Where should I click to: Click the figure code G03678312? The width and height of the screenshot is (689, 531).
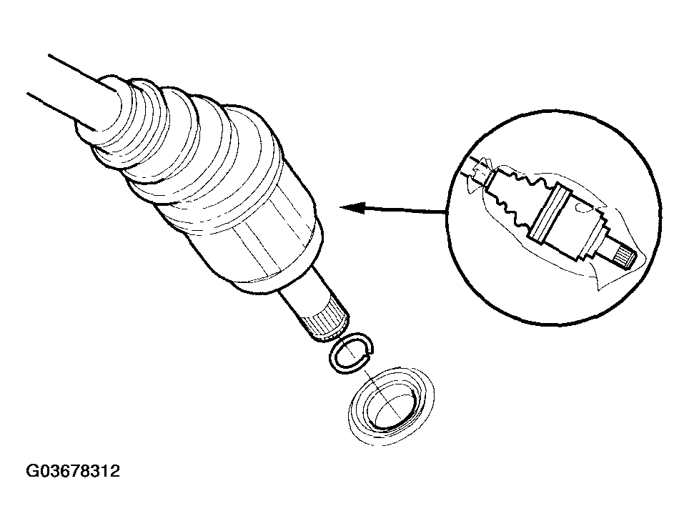pyautogui.click(x=73, y=472)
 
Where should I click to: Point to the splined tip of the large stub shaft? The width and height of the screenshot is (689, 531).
pyautogui.click(x=326, y=322)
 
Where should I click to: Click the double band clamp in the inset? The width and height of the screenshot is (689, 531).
pyautogui.click(x=547, y=212)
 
